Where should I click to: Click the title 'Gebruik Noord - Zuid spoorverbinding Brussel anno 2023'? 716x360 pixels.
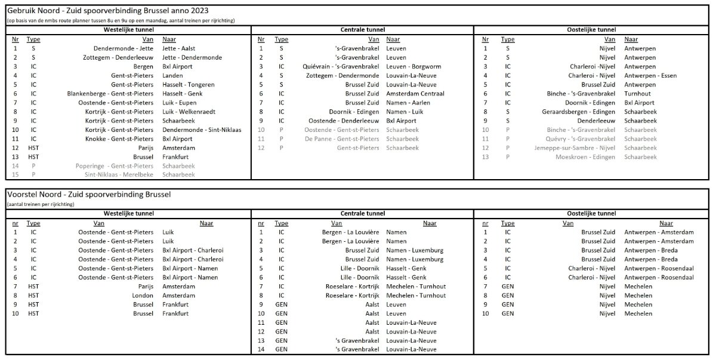[x=107, y=11]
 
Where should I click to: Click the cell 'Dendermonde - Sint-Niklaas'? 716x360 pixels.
[x=202, y=130]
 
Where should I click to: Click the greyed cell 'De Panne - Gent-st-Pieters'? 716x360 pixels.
[x=341, y=139]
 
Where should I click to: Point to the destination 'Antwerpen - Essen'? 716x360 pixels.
[x=650, y=75]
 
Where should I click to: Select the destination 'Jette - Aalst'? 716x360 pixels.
[x=179, y=48]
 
